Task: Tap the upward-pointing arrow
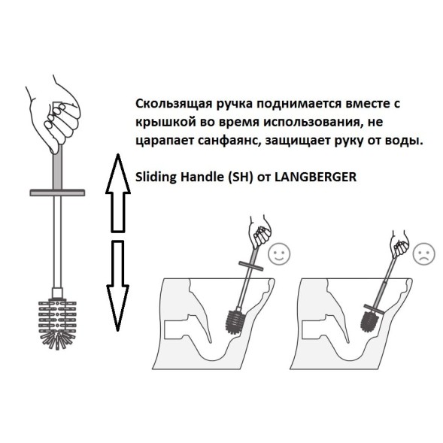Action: tap(115, 193)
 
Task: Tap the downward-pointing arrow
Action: tap(115, 284)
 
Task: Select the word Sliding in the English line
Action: tap(153, 178)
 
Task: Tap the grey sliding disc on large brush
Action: tap(57, 193)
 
